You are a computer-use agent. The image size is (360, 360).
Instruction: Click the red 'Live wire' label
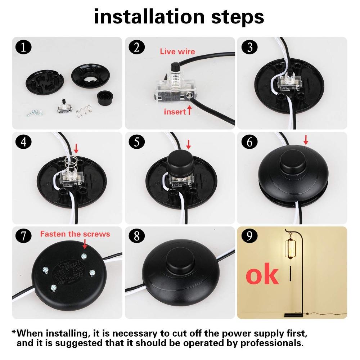[177, 51]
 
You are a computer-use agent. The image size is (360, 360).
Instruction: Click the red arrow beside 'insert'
[189, 111]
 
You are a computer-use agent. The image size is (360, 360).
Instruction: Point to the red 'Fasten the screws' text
[75, 234]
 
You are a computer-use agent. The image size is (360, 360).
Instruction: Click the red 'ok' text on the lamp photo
[262, 275]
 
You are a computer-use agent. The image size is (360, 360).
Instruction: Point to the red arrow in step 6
[306, 140]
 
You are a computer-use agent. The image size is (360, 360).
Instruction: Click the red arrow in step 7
[85, 244]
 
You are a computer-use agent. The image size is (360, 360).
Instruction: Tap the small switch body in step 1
[63, 107]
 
